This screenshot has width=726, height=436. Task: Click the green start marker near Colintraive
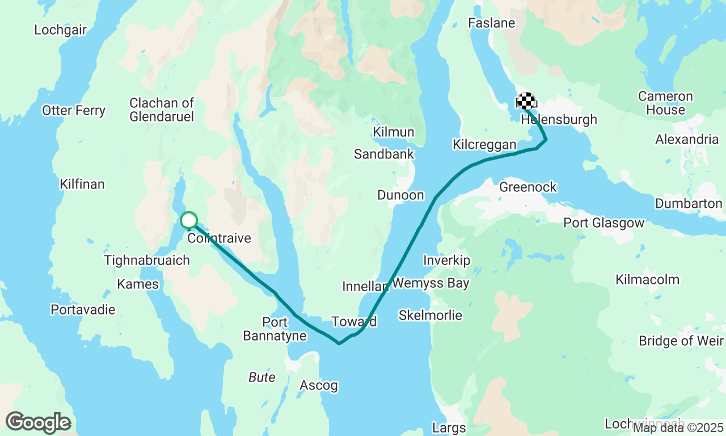[188, 220]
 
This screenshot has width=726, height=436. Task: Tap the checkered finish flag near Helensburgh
[526, 101]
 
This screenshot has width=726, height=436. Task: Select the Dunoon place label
[400, 195]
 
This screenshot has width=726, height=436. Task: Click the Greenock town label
[527, 187]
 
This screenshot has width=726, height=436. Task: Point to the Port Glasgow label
[603, 223]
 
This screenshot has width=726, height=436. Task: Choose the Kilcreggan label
[484, 145]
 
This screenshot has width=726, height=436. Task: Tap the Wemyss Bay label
[430, 283]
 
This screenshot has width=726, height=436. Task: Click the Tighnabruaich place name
[146, 260]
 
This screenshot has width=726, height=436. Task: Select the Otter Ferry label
[74, 110]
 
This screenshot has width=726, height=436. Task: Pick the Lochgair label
[60, 30]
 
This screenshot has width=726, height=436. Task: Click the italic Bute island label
[261, 378]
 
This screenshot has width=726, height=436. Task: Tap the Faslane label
[491, 23]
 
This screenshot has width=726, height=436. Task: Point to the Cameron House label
[665, 103]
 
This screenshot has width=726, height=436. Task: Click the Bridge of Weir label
[681, 341]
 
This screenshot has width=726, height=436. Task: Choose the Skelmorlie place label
[430, 315]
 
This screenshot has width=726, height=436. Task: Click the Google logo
[38, 423]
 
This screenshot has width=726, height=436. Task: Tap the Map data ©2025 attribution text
[678, 427]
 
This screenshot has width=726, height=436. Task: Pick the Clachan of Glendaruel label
[162, 110]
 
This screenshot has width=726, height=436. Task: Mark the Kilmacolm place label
[647, 279]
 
